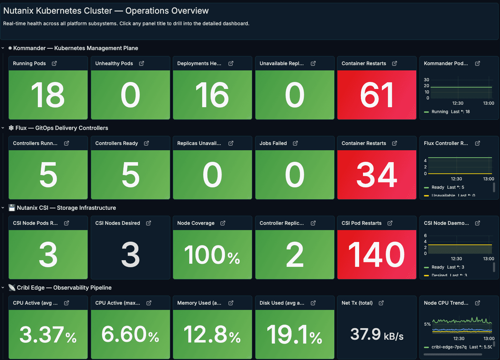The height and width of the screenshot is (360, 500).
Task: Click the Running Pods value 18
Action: pos(48,95)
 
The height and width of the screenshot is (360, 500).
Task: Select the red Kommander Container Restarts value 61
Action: pos(377,95)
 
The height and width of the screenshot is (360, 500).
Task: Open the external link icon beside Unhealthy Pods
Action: pos(142,63)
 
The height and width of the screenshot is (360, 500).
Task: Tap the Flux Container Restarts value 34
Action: pos(377,175)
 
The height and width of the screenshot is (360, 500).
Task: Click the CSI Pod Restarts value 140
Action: pos(377,255)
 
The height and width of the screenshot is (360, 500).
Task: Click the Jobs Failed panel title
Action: pos(273,143)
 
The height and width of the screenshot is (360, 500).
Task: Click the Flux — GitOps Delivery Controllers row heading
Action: pos(62,128)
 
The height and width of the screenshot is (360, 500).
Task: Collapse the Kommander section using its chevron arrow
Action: pos(3,48)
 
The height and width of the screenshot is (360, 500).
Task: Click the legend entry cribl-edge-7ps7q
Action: pos(449,347)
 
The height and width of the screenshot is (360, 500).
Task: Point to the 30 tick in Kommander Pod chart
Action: pos(426,80)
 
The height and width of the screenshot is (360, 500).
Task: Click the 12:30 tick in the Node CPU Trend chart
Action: pos(459,339)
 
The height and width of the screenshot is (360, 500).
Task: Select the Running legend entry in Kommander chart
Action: pos(440,112)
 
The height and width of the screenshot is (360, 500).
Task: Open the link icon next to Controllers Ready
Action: pos(146,143)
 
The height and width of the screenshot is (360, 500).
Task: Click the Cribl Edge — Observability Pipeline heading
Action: pos(64,288)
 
